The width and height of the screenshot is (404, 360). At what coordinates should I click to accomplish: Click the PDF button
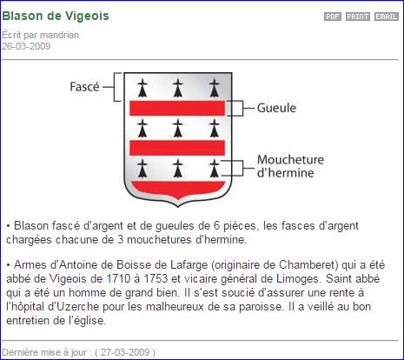coord(333,17)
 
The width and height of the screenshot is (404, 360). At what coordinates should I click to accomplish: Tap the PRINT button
coord(358,17)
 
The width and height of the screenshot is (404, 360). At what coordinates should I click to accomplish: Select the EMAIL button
coord(387,17)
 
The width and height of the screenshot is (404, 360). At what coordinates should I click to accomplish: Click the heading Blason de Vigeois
coord(56,16)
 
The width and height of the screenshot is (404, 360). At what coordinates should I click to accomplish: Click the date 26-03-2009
coord(26,46)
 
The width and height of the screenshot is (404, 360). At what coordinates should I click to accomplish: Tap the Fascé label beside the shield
coord(84,87)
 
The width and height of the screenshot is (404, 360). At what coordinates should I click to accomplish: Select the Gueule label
coord(276,108)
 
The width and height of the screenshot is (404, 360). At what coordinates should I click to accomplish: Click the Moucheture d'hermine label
coord(290,166)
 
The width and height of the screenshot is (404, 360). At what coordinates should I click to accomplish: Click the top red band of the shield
coord(177,108)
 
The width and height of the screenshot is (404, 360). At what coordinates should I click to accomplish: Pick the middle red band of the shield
coord(177,148)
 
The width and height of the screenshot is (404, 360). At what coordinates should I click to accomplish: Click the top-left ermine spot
coord(142,88)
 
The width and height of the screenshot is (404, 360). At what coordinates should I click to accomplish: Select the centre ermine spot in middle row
coord(178,128)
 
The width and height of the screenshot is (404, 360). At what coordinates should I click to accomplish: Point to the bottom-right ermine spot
coord(215,168)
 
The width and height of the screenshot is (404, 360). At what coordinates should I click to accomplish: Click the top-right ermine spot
coord(215,88)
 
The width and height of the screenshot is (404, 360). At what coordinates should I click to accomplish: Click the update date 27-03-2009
coord(125,352)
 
